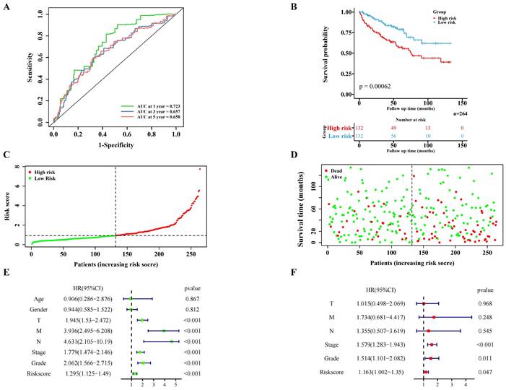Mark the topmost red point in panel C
click(199, 168)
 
